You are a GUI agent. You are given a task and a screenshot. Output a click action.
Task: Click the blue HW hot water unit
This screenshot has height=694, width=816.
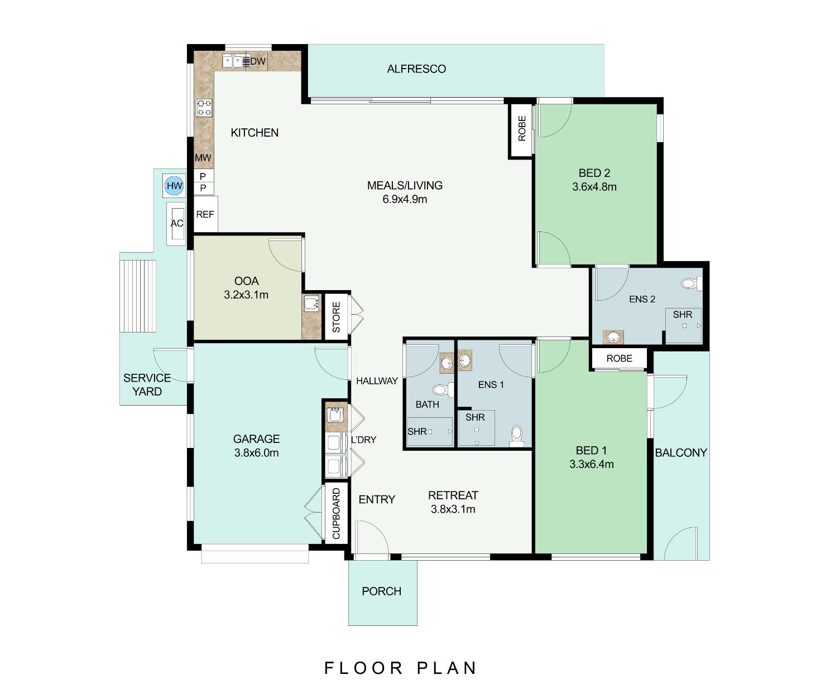tap(174, 186)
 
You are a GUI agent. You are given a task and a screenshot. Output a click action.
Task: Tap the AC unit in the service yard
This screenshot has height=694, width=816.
tap(176, 224)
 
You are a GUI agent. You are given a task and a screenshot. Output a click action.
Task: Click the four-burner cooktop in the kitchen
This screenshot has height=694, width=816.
tap(204, 108)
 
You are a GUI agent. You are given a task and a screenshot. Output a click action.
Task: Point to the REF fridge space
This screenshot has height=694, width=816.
tap(205, 214)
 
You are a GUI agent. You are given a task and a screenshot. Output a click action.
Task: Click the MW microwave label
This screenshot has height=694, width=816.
tap(203, 158)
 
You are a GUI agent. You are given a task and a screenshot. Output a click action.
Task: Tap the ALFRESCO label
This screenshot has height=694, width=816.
tap(416, 69)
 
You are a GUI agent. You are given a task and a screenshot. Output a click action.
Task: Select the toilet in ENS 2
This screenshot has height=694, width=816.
tap(692, 283)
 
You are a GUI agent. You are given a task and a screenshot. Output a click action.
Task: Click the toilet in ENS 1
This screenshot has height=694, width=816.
tap(516, 436)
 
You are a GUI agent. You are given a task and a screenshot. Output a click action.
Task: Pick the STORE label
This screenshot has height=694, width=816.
tap(336, 317)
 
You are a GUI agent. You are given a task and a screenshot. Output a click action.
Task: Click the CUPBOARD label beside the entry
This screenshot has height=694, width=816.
tap(336, 513)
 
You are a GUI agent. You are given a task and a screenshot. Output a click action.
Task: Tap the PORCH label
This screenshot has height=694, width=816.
tap(381, 591)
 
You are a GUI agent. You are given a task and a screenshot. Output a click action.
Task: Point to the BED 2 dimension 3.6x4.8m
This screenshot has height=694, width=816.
tap(594, 187)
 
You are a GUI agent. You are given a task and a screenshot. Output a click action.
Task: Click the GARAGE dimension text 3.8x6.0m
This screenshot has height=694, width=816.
tap(257, 452)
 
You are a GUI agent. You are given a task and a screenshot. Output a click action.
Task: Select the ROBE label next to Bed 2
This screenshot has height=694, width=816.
tap(522, 128)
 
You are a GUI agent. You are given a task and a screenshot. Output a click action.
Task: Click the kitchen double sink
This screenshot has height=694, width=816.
tap(233, 61)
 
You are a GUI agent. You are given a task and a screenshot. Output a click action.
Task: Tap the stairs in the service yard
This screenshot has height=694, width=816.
tap(138, 296)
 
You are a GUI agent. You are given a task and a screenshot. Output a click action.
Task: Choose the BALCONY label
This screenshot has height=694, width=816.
tap(681, 452)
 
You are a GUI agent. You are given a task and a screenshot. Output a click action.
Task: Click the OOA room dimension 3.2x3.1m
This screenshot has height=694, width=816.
tap(246, 295)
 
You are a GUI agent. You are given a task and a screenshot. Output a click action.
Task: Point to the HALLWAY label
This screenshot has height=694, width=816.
tap(377, 380)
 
